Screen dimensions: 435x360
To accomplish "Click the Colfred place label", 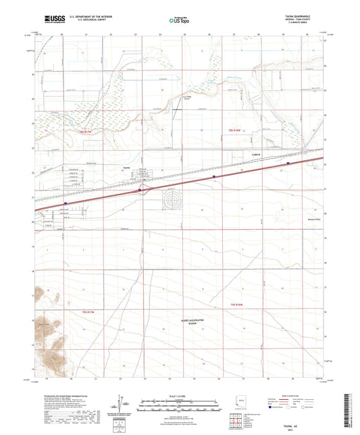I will pyautogui.click(x=249, y=153).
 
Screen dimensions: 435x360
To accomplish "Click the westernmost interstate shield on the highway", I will pyautogui.click(x=66, y=202).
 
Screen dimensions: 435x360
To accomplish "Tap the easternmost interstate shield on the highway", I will pyautogui.click(x=288, y=163).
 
